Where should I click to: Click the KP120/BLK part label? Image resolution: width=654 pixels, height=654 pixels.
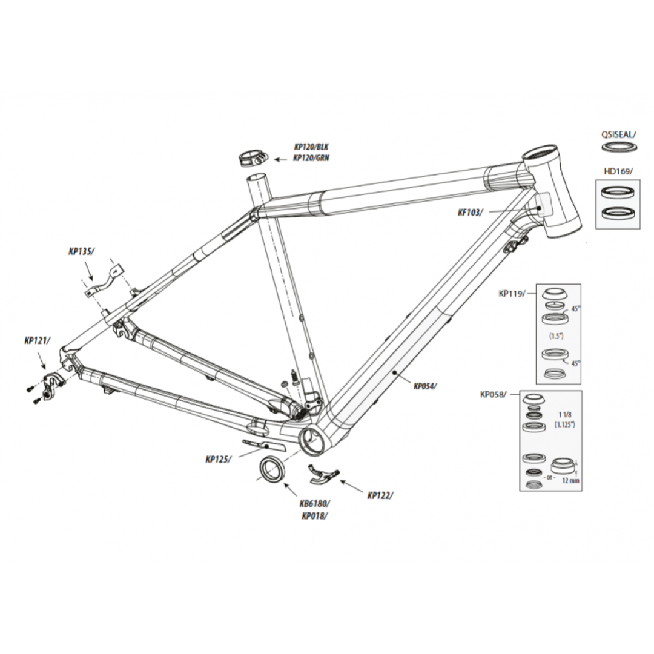pos(312,147)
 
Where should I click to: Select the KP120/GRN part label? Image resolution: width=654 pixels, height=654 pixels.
pos(312,158)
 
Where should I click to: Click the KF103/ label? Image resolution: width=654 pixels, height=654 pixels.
pos(470,213)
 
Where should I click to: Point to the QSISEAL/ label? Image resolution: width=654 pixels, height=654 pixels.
pos(619,134)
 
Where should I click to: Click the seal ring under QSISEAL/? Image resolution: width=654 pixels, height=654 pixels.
pos(619,147)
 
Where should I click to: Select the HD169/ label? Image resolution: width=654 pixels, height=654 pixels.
pos(618,171)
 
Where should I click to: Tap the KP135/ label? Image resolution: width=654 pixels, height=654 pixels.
pos(81,251)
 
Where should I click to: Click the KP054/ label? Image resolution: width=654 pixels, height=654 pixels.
pos(425,386)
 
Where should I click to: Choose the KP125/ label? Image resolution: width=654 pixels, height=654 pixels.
pos(218,459)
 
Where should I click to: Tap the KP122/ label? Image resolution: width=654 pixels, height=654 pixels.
pos(380,495)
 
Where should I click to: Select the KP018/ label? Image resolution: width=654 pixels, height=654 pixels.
pos(314,515)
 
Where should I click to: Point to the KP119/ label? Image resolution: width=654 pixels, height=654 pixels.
pos(511,293)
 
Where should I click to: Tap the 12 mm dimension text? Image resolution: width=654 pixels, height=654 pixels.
pos(570,481)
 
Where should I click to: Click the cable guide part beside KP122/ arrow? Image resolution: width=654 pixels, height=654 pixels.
pos(323,474)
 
